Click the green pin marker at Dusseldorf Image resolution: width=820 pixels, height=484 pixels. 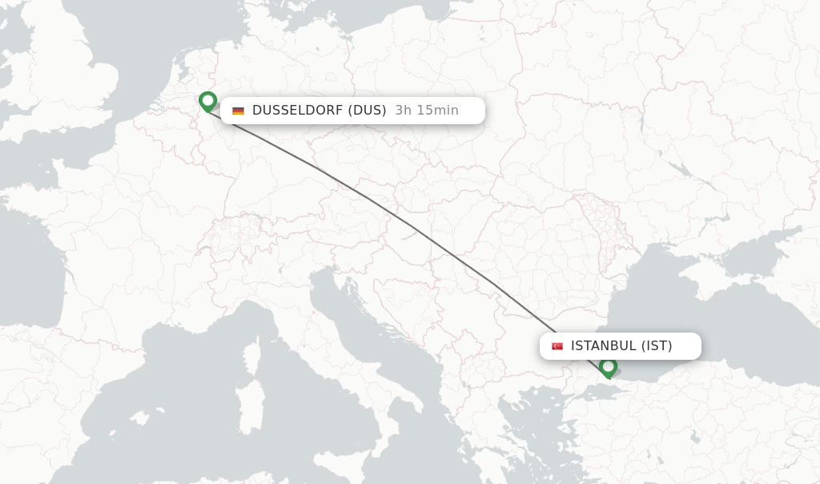pyautogui.click(x=208, y=101)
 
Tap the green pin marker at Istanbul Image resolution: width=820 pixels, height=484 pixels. pyautogui.click(x=608, y=367)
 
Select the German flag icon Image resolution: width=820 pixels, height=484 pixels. pyautogui.click(x=238, y=111)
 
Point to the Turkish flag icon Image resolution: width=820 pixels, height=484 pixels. pyautogui.click(x=557, y=346)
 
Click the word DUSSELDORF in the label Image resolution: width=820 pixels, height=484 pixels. pyautogui.click(x=297, y=111)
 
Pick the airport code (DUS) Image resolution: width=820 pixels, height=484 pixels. pyautogui.click(x=367, y=111)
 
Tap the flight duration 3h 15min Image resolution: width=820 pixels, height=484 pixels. pyautogui.click(x=427, y=111)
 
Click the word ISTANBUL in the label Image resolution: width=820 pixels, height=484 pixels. pyautogui.click(x=603, y=346)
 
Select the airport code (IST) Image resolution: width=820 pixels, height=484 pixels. pyautogui.click(x=657, y=346)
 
